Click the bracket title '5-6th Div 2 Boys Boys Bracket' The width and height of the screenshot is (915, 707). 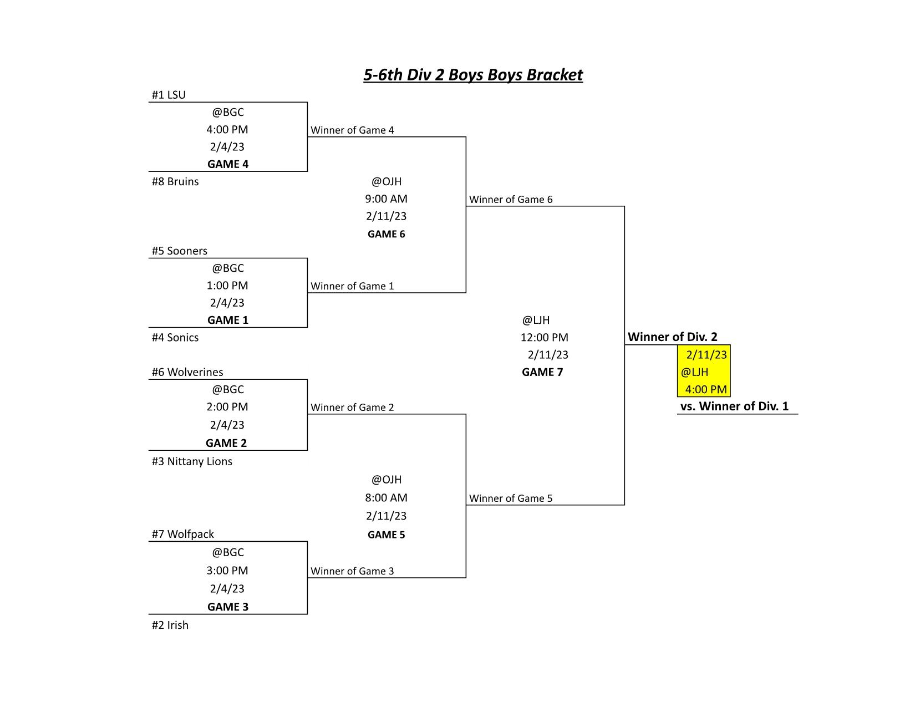[x=473, y=75]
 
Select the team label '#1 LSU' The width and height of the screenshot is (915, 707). [x=169, y=95]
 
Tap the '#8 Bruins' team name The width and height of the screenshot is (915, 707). [x=175, y=181]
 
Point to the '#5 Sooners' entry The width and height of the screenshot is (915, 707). [x=179, y=251]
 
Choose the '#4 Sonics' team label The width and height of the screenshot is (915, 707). [x=175, y=337]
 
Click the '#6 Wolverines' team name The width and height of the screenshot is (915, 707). [x=187, y=372]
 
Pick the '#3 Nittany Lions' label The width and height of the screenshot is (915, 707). [x=192, y=461]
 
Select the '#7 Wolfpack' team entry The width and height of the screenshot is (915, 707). [x=183, y=535]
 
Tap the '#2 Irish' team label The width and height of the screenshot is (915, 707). [x=170, y=625]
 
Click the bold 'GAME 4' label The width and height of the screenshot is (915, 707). [x=228, y=164]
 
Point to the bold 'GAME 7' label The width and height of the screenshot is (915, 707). [x=542, y=372]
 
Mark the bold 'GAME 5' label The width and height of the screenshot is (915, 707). [x=386, y=535]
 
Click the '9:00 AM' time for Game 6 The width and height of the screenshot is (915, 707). [x=386, y=199]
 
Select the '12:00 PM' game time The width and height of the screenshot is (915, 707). [x=545, y=337]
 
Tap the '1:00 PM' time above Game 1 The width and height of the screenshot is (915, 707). [x=227, y=286]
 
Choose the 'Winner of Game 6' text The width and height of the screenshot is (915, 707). [x=511, y=200]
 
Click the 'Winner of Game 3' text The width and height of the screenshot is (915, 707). [x=353, y=571]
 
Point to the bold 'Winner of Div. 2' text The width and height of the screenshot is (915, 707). [x=673, y=337]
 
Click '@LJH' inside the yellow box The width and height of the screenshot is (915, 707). [x=695, y=372]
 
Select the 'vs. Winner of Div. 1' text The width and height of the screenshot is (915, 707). [x=734, y=406]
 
